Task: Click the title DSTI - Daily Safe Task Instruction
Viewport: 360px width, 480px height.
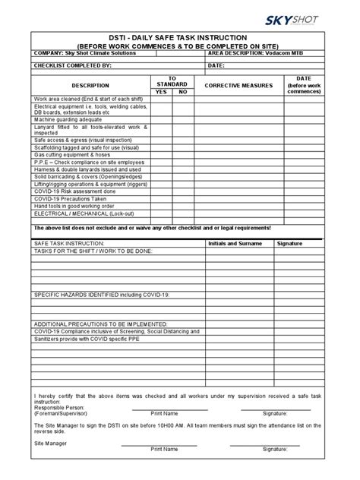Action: pos(179,36)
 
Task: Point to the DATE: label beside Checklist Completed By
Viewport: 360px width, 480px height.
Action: pos(216,66)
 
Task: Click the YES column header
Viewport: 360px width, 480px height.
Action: pos(160,91)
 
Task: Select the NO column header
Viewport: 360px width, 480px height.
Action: pos(182,91)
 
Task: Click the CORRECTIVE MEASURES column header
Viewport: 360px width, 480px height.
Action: pos(238,87)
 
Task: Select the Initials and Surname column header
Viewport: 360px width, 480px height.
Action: pos(238,244)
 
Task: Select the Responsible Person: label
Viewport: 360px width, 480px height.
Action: pos(58,407)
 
